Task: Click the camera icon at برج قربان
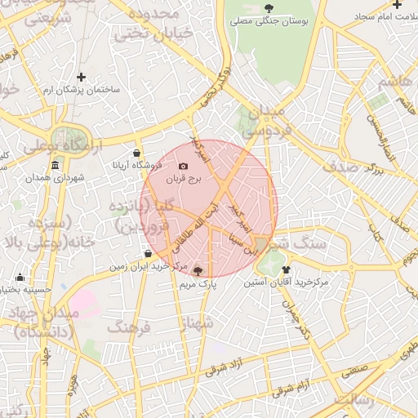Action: point(183,167)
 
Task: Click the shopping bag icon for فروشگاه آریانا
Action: point(136,153)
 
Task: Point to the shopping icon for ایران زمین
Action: point(147,254)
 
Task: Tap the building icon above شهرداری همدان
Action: point(55,167)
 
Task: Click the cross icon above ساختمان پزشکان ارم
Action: point(80,77)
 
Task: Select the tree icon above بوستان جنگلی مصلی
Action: point(269,8)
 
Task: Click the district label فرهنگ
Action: point(128,327)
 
